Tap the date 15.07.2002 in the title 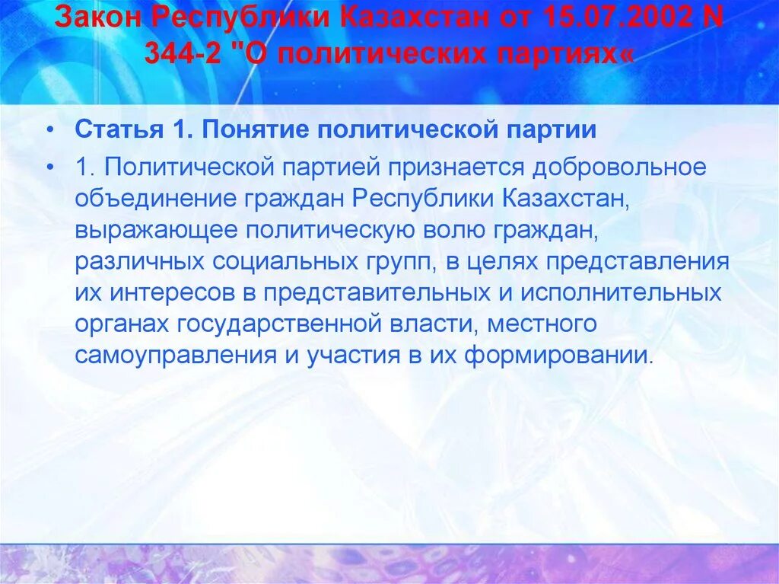tap(607, 17)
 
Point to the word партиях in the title tap(548, 53)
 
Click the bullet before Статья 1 tap(49, 129)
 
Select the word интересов tap(173, 293)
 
